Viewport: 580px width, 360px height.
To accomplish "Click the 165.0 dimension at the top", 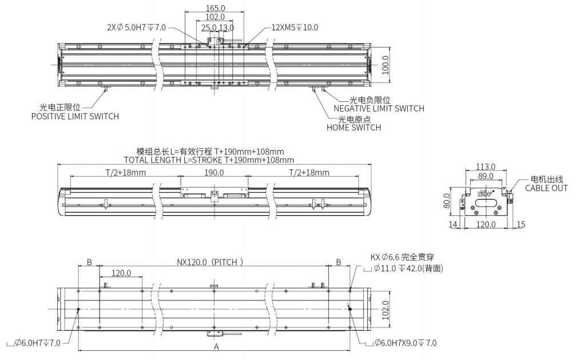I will pyautogui.click(x=215, y=8).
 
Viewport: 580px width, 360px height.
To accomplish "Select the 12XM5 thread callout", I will pyautogui.click(x=295, y=27).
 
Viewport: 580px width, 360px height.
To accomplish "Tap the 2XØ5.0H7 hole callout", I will pyautogui.click(x=136, y=27).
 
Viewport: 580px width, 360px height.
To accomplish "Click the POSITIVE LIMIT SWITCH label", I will pyautogui.click(x=75, y=116).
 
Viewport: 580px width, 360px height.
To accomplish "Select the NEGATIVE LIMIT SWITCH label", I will pyautogui.click(x=379, y=108).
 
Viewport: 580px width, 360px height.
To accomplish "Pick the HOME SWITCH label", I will pyautogui.click(x=353, y=128).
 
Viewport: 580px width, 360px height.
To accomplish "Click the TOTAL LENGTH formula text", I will pyautogui.click(x=209, y=160).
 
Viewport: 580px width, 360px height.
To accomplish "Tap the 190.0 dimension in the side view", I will pyautogui.click(x=214, y=172).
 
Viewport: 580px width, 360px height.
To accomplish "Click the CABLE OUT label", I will pyautogui.click(x=547, y=188).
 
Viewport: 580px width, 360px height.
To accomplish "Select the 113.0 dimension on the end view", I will pyautogui.click(x=486, y=168).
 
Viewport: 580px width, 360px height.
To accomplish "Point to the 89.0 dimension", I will pyautogui.click(x=486, y=176).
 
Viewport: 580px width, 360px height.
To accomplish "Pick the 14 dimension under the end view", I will pyautogui.click(x=453, y=225).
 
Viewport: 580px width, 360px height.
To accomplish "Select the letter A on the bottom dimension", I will pyautogui.click(x=216, y=347).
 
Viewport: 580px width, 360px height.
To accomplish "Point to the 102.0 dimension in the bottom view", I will pyautogui.click(x=386, y=309).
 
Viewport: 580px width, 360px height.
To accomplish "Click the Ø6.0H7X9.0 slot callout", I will pyautogui.click(x=404, y=342).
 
